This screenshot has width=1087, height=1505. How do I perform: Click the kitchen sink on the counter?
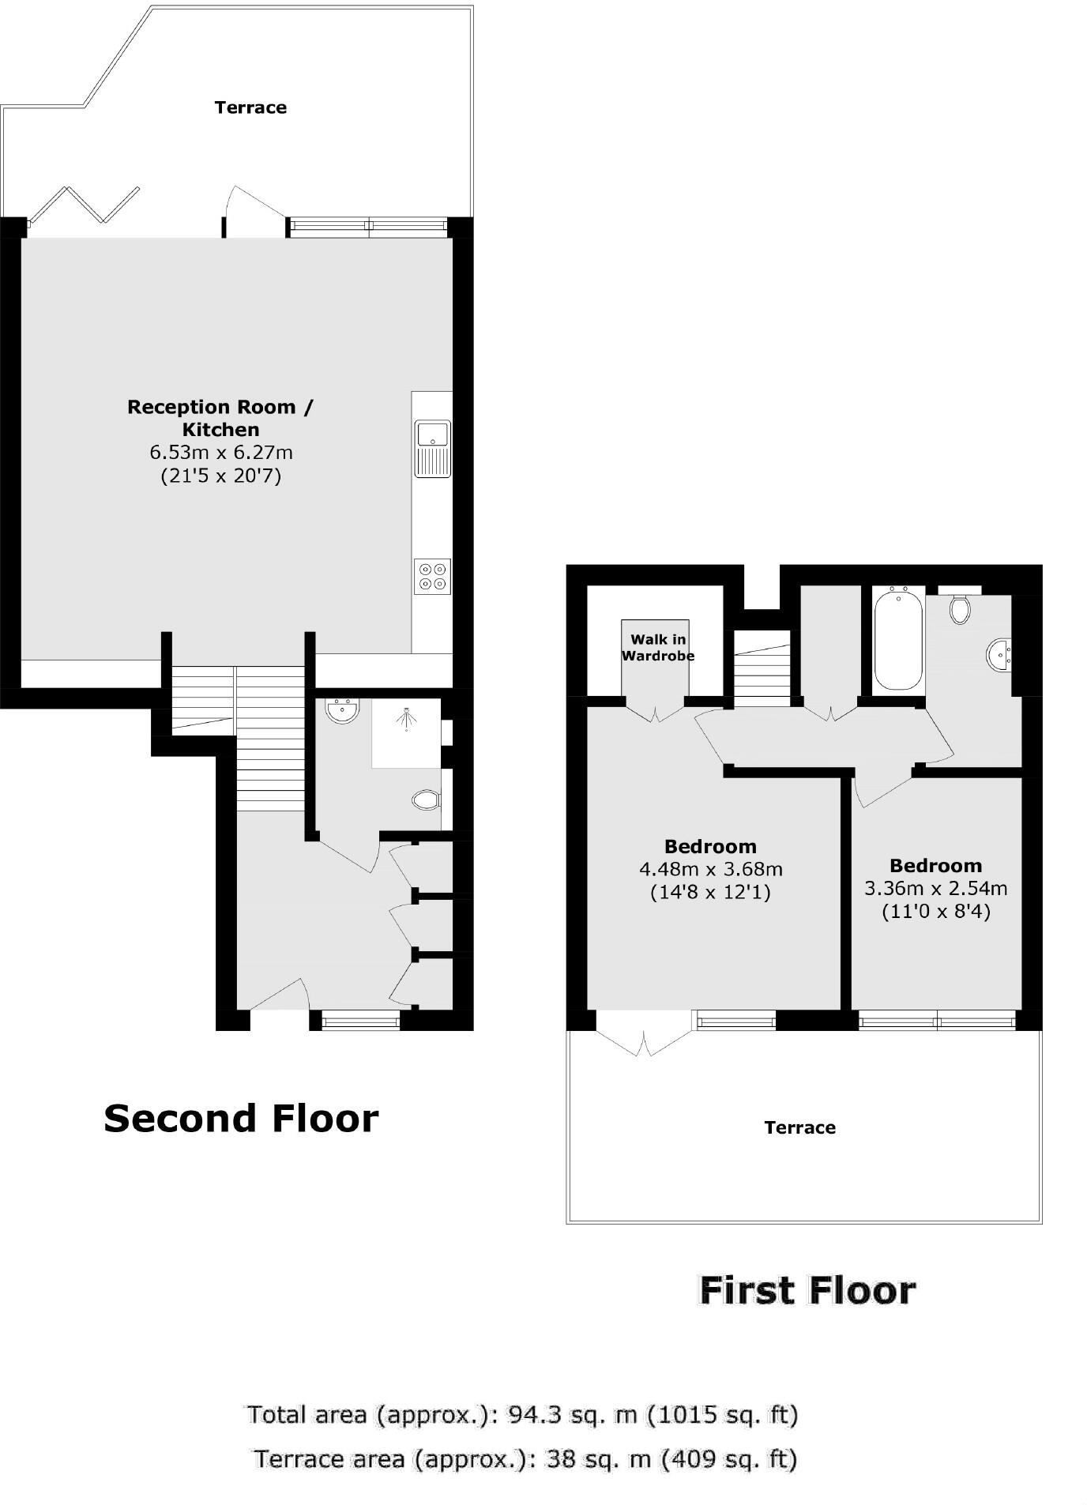tap(432, 448)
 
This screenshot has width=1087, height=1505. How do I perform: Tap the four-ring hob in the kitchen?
tap(432, 576)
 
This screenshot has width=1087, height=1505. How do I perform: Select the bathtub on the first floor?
tap(898, 638)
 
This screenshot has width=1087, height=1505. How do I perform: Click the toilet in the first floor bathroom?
tap(960, 609)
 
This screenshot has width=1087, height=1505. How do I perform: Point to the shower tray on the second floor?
tap(406, 732)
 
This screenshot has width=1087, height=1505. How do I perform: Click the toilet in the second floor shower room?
tap(427, 800)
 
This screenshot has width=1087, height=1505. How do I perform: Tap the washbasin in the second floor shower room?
tap(343, 710)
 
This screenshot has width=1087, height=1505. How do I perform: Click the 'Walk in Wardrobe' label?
tap(658, 648)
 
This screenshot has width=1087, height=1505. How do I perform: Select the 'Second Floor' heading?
tap(241, 1119)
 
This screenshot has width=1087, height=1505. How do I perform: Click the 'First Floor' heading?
tap(807, 1290)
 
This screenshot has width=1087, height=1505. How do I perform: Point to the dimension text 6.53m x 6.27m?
tap(221, 453)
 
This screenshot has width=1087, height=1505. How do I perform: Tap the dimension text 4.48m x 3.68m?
tap(711, 870)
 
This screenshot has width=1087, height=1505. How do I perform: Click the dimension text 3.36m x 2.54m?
tap(936, 888)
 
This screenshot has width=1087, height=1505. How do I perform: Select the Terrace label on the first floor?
tap(799, 1127)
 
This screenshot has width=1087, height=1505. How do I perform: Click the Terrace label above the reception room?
tap(250, 107)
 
